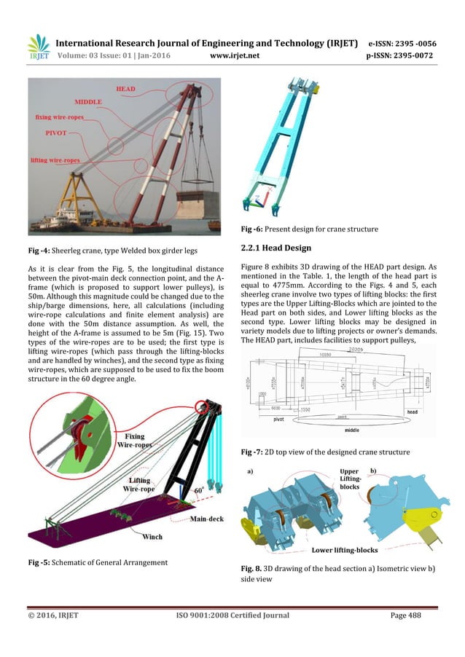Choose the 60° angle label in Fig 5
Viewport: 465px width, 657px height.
[199, 491]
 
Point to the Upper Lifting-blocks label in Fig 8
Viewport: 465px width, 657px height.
[349, 478]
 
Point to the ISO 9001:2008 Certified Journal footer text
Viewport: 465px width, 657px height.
[232, 615]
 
